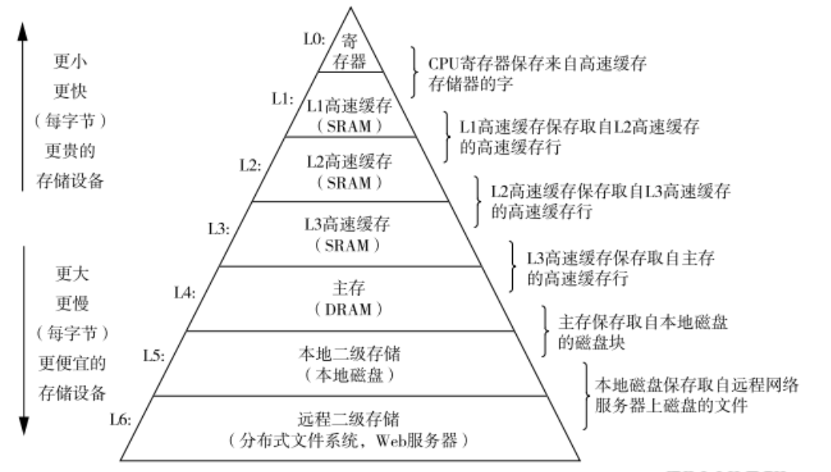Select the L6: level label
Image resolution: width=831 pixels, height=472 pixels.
[x=122, y=419]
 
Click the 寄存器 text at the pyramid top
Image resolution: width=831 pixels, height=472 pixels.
[x=350, y=51]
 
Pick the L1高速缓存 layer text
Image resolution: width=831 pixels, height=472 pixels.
[x=351, y=106]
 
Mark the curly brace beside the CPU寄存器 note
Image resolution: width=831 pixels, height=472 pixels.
[x=415, y=73]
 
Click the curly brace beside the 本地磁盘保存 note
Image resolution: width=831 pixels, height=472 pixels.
[x=585, y=396]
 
